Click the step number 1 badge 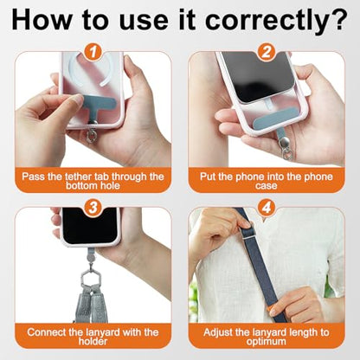click(x=93, y=52)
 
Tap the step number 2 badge click(x=267, y=52)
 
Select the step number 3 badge click(x=93, y=208)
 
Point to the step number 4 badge click(x=267, y=208)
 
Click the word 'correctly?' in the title click(x=276, y=20)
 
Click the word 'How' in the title click(x=41, y=20)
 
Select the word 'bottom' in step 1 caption click(x=79, y=185)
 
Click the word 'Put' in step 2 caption click(x=208, y=177)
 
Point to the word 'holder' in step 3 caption click(x=93, y=342)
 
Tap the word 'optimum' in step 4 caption click(x=266, y=342)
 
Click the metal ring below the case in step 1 click(x=93, y=134)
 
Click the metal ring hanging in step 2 click(x=286, y=152)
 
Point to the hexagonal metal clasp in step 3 click(x=90, y=278)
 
